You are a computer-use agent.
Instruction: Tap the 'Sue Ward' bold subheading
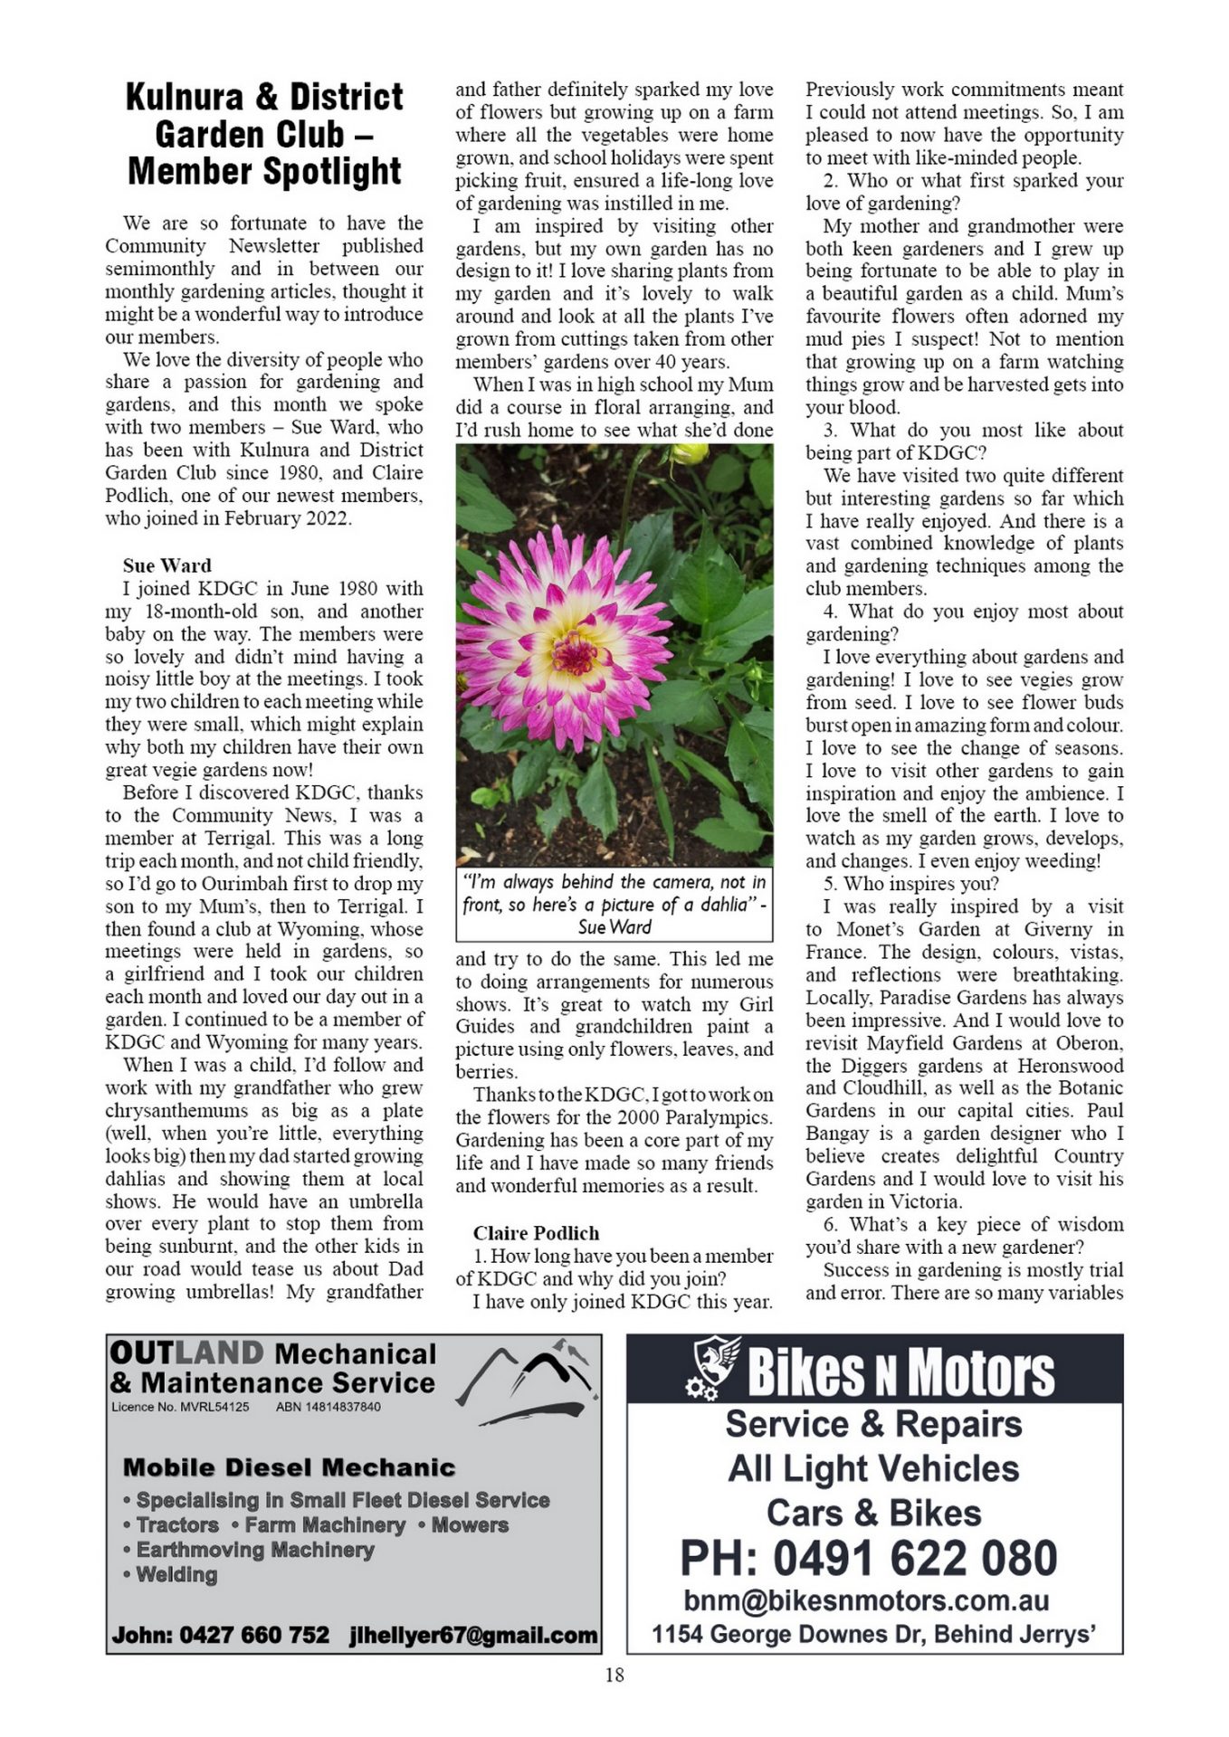(167, 565)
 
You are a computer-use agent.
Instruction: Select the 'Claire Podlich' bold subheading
(536, 1233)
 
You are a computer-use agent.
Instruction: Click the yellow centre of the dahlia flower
(576, 651)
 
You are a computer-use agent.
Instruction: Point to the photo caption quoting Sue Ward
(614, 904)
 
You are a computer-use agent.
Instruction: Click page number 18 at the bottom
(614, 1675)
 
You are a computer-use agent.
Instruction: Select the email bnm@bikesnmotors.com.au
(866, 1599)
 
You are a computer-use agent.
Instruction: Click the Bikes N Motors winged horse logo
(715, 1367)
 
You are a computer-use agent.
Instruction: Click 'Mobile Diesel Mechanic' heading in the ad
(289, 1467)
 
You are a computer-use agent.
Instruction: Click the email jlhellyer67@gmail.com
(473, 1635)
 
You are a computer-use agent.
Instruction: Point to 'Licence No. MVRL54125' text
(180, 1407)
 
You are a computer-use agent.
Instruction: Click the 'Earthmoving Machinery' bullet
(254, 1550)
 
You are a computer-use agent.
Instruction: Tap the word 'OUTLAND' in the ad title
(186, 1353)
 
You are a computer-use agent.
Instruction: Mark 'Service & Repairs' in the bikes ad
(873, 1424)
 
